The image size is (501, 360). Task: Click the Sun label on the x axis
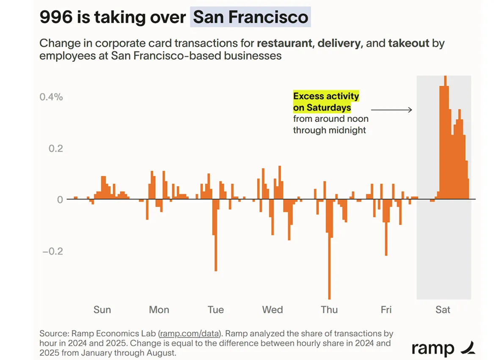coord(102,310)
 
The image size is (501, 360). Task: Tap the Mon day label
coord(159,310)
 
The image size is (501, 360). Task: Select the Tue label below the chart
coord(215,310)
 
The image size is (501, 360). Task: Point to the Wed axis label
coord(272,310)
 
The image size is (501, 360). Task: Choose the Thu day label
coord(329,310)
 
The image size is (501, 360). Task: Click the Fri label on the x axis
coord(386,310)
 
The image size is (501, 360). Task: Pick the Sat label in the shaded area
coord(443,310)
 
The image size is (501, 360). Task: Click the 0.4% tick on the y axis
coord(51,97)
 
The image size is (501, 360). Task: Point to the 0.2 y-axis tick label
coord(54,148)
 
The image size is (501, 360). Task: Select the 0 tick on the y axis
coord(60,199)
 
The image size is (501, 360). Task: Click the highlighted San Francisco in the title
coord(250,18)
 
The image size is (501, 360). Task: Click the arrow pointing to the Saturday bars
coord(391,110)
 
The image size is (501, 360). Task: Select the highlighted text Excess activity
coord(326,96)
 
